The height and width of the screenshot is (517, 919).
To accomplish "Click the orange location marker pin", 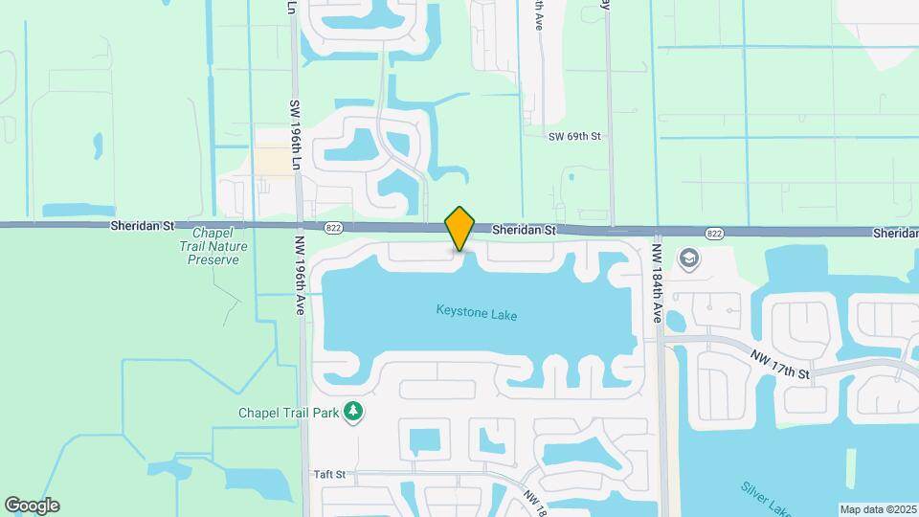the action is tap(460, 228).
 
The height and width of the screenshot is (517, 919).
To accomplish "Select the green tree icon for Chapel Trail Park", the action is tap(354, 411).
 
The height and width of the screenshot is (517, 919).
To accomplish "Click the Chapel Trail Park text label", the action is tap(289, 413).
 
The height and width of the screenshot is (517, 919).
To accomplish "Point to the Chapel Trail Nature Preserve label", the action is tap(218, 246).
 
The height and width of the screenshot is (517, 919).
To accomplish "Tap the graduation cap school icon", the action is tap(687, 258).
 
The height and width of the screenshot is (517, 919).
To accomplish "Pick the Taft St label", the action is tap(328, 474).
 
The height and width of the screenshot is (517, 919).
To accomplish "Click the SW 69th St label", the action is tap(574, 137).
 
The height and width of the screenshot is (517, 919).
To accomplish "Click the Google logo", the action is tap(32, 506).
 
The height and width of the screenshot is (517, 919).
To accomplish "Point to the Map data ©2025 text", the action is tap(878, 509).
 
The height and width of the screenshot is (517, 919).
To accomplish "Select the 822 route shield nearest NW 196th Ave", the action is tap(332, 228).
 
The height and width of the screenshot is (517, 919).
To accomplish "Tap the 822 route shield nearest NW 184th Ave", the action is tap(714, 233).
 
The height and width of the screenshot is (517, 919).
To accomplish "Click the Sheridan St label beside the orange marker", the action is tap(524, 231).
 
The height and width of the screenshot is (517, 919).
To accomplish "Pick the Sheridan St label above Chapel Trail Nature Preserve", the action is tap(143, 227).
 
